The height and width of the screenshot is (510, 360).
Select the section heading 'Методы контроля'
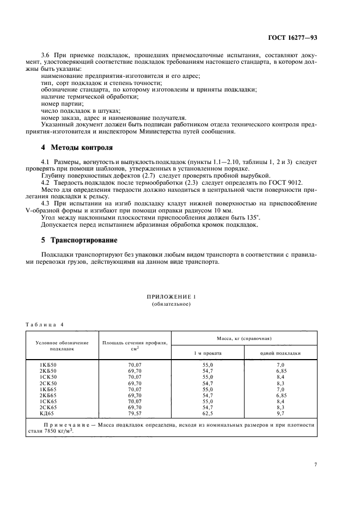pos(81,148)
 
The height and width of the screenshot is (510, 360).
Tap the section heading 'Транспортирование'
pos(84,240)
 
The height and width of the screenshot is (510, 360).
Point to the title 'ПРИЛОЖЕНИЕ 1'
pos(171,296)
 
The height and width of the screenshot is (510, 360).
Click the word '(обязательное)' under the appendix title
pos(171,304)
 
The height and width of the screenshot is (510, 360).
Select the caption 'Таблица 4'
pos(45,325)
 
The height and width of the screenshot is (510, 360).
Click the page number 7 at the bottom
pos(315,464)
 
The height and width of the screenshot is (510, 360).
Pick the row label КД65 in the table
pos(47,413)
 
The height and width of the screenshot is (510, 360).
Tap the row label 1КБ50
pos(47,365)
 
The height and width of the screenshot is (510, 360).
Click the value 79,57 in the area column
pos(135,413)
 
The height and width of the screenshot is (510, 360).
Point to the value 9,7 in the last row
pos(281,413)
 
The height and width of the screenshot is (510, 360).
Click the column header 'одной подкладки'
pos(280,353)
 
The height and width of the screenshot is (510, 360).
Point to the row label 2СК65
pos(47,407)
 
